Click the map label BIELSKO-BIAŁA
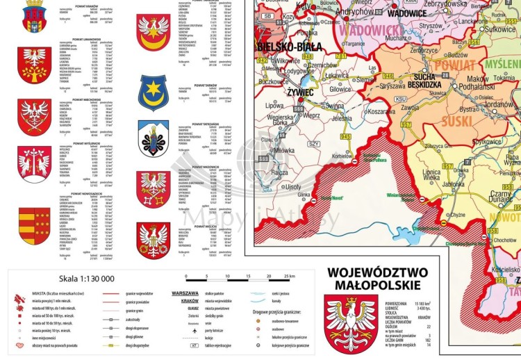tap(288, 47)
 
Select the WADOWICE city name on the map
tap(407, 13)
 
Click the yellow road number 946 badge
tap(388, 76)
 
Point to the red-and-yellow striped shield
tap(34, 223)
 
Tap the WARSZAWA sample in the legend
tap(185, 293)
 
